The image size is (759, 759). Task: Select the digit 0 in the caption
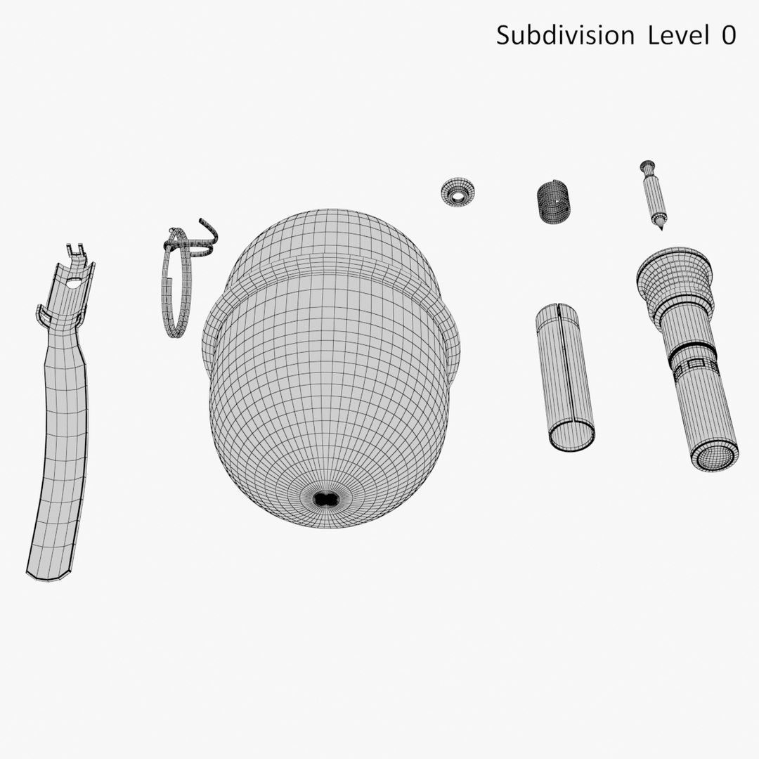[x=729, y=35]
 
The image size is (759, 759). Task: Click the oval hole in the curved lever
[x=73, y=284]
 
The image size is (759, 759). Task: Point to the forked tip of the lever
[x=77, y=251]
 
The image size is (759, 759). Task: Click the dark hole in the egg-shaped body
[x=325, y=499]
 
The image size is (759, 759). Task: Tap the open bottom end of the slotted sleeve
[x=573, y=436]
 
